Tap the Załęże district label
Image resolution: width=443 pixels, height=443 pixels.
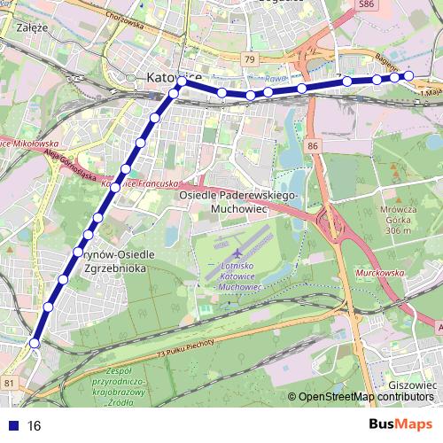click(31, 27)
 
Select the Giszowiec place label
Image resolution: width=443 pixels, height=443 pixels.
click(413, 386)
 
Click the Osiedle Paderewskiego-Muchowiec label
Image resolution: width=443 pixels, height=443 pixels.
click(240, 202)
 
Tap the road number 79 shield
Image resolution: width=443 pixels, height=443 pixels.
click(251, 59)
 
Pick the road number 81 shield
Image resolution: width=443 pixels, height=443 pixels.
click(9, 382)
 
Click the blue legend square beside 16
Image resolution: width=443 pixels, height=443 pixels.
click(11, 425)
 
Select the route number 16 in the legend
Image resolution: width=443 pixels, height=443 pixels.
click(35, 425)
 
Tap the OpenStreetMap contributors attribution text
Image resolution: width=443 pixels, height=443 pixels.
click(363, 398)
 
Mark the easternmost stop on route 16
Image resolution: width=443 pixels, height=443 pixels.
click(410, 75)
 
